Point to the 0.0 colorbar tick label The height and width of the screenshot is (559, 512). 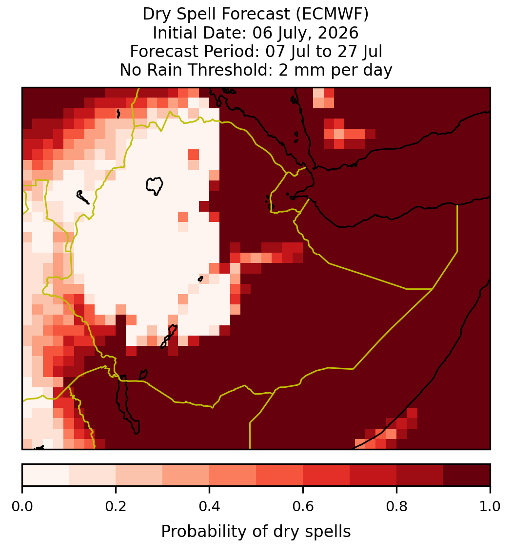[x=22, y=507]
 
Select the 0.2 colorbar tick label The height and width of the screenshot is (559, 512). [x=116, y=507]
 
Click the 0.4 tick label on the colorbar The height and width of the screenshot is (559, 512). [x=210, y=507]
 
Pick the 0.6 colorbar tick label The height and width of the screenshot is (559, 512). [x=303, y=507]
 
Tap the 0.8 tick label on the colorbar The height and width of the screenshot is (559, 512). [x=397, y=507]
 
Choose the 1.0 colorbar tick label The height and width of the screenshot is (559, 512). [x=490, y=507]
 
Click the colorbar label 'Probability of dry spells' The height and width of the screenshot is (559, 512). [x=256, y=532]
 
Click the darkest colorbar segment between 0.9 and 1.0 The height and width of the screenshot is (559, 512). [x=467, y=475]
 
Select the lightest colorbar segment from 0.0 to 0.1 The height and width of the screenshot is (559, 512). [x=46, y=475]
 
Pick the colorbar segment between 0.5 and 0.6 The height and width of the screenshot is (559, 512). [x=280, y=475]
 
